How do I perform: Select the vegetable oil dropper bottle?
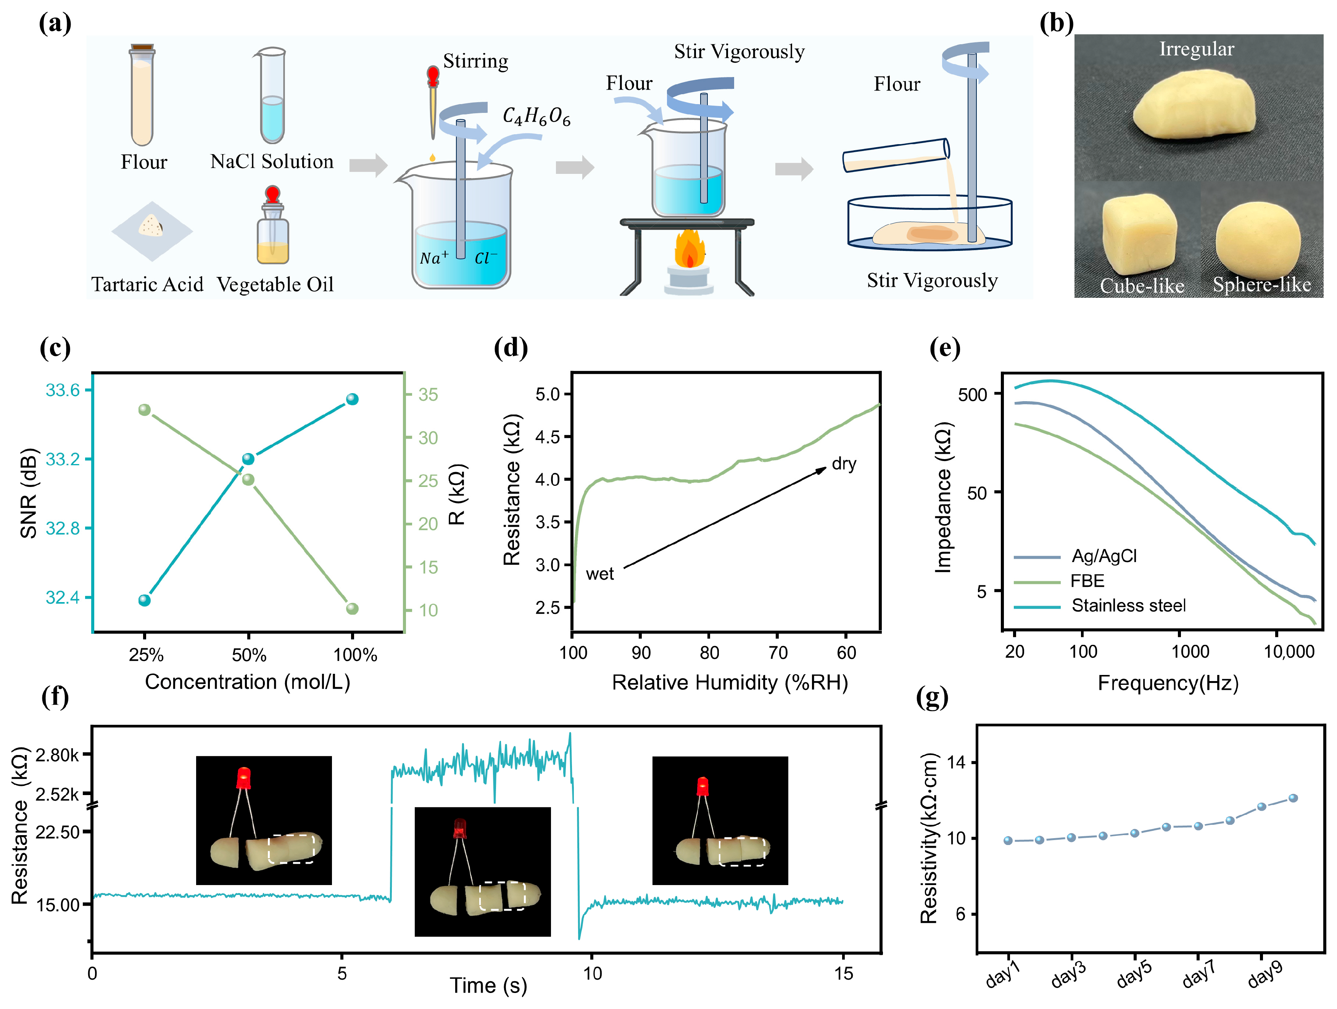[x=272, y=227]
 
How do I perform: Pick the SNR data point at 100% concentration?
[x=353, y=399]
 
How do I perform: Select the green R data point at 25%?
[x=145, y=410]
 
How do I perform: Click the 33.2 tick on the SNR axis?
[x=63, y=459]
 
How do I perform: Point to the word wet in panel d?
[x=599, y=574]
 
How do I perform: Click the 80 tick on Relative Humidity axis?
[x=710, y=652]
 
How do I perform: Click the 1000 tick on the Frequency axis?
[x=1190, y=651]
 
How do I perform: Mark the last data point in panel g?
[x=1293, y=798]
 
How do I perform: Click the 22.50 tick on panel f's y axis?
[x=57, y=832]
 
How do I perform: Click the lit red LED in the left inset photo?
[x=243, y=778]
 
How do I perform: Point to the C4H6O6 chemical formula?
[x=536, y=116]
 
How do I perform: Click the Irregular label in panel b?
[x=1196, y=49]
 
